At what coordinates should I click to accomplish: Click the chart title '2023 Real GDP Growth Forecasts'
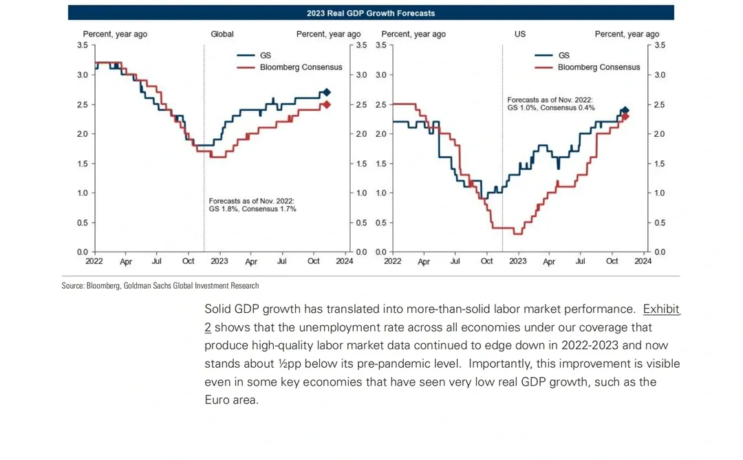tap(371, 13)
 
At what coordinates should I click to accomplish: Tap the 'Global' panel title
tap(222, 34)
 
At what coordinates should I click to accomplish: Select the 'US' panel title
tap(520, 34)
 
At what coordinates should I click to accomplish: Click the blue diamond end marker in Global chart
tap(327, 92)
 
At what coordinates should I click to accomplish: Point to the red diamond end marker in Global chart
tap(327, 105)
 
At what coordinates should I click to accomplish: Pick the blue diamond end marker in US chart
tap(625, 110)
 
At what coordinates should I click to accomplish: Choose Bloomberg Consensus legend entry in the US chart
tap(599, 67)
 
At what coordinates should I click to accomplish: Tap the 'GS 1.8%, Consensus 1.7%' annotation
tap(252, 209)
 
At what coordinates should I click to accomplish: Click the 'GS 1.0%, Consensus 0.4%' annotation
tap(551, 108)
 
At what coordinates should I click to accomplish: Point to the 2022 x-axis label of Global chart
tap(94, 261)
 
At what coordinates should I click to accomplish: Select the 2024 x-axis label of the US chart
tap(643, 261)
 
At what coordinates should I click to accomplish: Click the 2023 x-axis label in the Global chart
tap(219, 261)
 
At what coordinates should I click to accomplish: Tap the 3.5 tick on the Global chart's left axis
tap(83, 45)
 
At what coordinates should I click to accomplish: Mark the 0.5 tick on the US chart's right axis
tap(660, 223)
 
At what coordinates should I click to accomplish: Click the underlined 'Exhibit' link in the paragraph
tap(661, 309)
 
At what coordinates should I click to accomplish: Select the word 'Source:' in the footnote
tap(73, 286)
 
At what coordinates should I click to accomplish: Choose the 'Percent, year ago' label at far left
tap(115, 34)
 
